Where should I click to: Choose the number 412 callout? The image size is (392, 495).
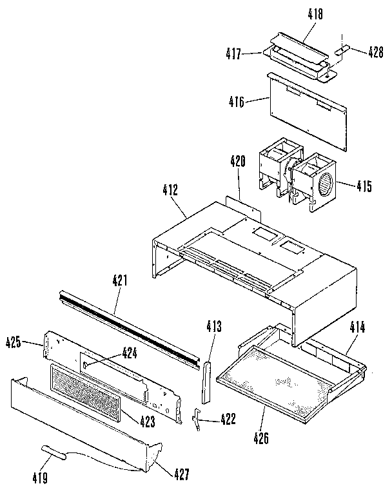[170, 190]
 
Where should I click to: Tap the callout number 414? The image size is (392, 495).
[357, 327]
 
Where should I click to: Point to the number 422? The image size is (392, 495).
[226, 420]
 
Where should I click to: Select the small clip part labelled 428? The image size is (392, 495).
[343, 48]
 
